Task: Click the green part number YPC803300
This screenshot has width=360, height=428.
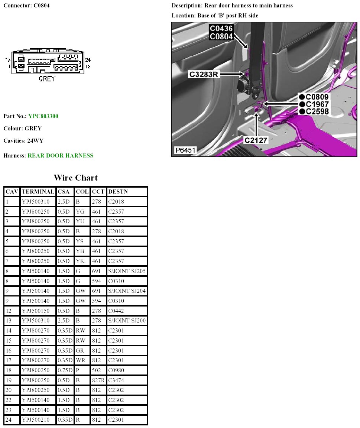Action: (43, 116)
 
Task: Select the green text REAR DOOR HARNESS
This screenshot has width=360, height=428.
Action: (61, 156)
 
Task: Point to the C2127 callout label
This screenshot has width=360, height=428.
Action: (256, 140)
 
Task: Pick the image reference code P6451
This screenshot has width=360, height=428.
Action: (185, 150)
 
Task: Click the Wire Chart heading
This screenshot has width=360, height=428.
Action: (76, 178)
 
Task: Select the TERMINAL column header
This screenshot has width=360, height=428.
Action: (38, 192)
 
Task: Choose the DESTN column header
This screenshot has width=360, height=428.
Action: (118, 192)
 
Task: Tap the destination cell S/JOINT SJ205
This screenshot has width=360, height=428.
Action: (127, 271)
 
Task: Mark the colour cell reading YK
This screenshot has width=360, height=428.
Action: (80, 261)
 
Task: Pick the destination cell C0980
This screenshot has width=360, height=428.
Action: (116, 370)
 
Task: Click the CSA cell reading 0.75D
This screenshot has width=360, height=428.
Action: (65, 370)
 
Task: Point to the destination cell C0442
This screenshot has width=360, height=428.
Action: (116, 311)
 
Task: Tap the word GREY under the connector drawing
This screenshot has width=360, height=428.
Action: (47, 79)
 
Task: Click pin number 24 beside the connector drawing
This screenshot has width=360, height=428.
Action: (88, 60)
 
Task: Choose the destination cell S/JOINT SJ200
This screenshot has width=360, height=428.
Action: (127, 321)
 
